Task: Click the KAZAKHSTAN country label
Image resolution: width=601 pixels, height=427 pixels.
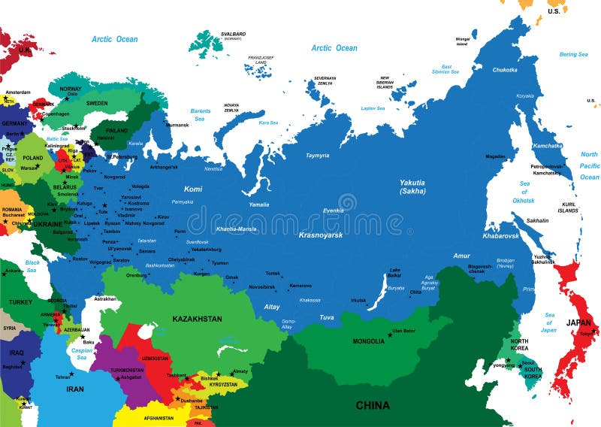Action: tap(197, 319)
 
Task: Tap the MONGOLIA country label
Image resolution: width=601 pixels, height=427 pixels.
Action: tap(369, 341)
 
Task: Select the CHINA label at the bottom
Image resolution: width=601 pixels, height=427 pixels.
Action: tap(373, 405)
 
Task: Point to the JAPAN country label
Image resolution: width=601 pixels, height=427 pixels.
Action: tap(578, 323)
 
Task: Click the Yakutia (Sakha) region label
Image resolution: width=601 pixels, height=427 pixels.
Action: tap(412, 186)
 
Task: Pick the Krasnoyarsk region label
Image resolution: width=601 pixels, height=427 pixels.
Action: tap(320, 235)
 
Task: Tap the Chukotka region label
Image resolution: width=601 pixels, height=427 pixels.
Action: tap(504, 70)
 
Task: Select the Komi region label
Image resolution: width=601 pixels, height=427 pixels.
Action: tap(193, 189)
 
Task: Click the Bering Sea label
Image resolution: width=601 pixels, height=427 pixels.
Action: tap(573, 54)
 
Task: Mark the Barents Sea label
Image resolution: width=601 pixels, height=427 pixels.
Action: tap(201, 114)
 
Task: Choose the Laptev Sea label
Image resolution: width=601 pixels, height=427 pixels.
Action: tap(373, 108)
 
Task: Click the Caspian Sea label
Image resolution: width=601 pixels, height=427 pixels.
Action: tap(80, 353)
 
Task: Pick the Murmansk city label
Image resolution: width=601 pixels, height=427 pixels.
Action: tap(177, 125)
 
